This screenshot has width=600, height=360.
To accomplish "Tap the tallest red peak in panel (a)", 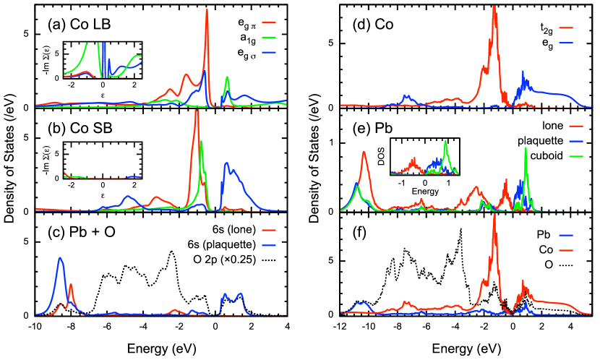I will point(207,10).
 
